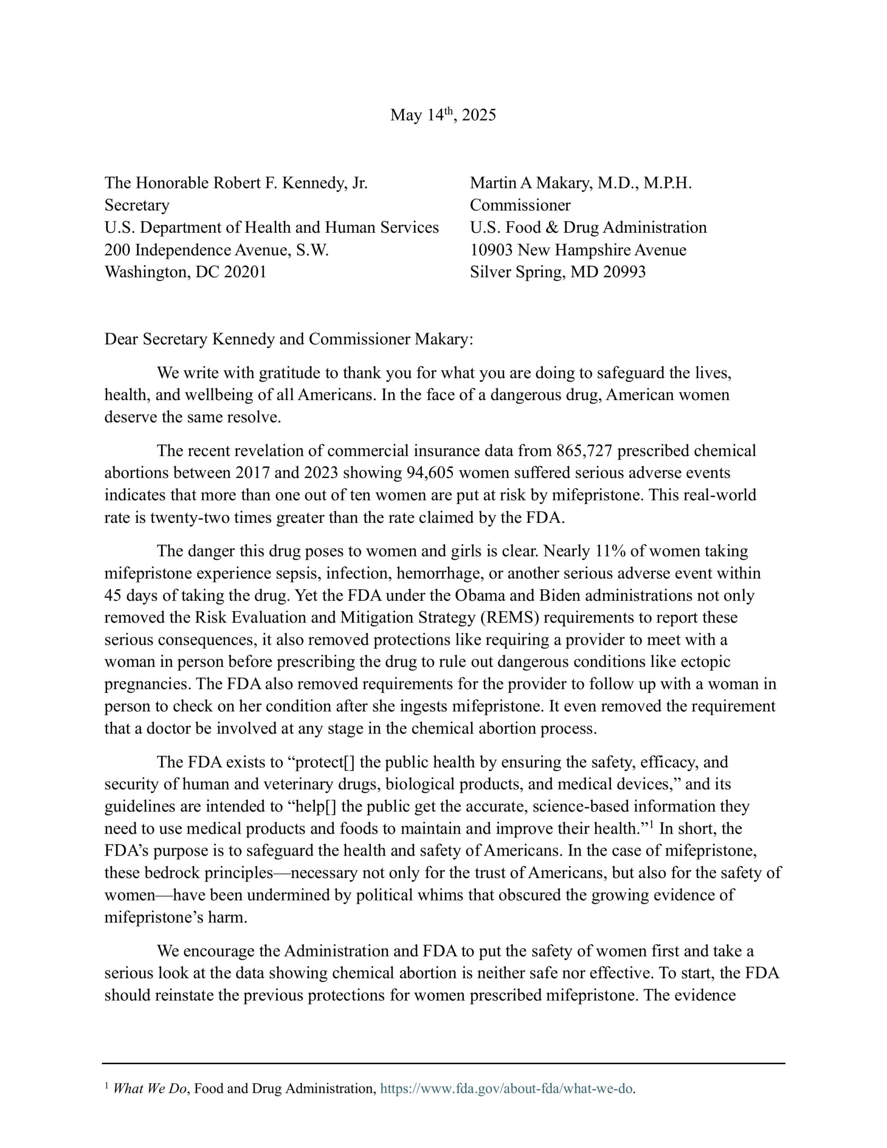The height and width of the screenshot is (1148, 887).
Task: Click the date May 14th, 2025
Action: tap(443, 115)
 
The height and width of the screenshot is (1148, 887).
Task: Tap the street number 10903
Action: tap(491, 250)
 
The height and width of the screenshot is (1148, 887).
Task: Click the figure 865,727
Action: tap(584, 451)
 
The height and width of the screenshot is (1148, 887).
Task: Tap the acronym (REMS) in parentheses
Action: tap(509, 617)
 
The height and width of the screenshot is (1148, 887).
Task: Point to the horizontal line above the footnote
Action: tap(443, 1063)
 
